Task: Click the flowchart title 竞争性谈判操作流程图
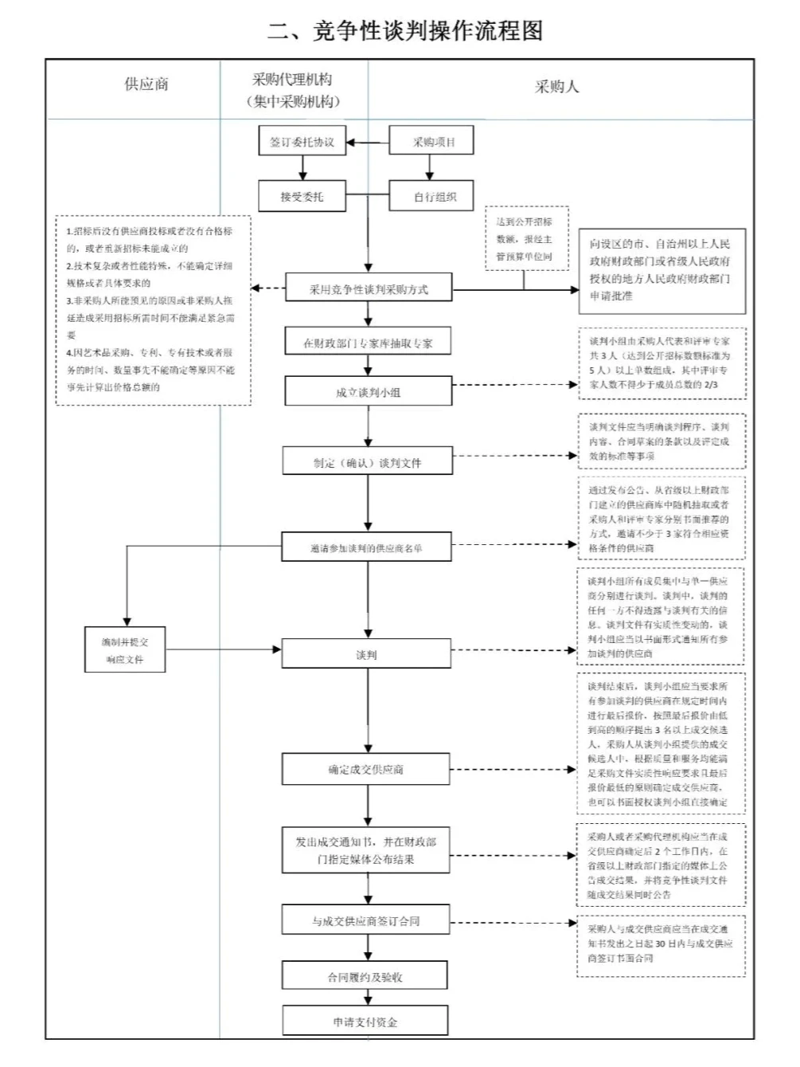point(405,31)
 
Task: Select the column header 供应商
point(146,84)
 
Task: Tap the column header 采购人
point(556,87)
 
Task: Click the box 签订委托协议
point(302,143)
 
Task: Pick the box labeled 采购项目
point(431,143)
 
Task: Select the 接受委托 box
point(302,196)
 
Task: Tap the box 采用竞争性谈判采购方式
point(368,289)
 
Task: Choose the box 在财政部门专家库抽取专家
point(368,343)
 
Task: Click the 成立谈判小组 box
point(368,392)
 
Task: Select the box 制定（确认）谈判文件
point(367,462)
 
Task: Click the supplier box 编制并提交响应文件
point(125,649)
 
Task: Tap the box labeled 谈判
point(366,654)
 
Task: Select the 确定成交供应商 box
point(366,769)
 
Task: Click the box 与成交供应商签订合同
point(365,920)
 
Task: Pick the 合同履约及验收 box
point(365,976)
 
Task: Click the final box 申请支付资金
point(365,1022)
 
